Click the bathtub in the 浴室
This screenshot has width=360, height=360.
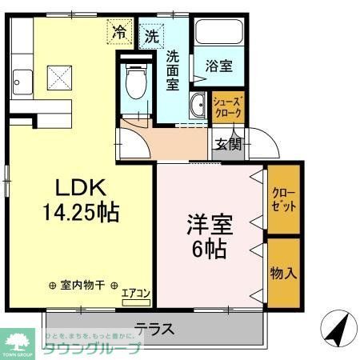pos(218,34)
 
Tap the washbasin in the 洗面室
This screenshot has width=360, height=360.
pos(197,105)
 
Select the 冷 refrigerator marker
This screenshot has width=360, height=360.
pos(118,33)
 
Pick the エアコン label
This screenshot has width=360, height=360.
pos(136,294)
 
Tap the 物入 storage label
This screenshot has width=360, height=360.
pos(284,272)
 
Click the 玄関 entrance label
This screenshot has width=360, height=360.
pos(227,144)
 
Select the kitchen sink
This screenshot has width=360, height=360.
pos(22,80)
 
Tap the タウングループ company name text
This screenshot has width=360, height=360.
pos(91,347)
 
